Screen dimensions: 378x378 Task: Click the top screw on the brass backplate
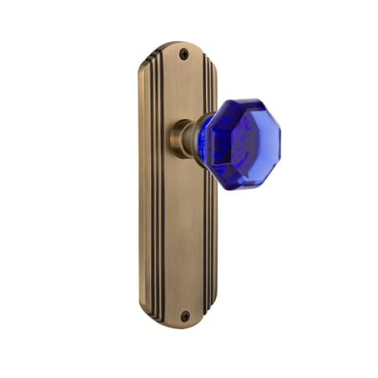[184, 54]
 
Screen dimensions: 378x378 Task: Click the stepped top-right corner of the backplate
[213, 59]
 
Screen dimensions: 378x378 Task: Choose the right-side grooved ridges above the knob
[208, 84]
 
